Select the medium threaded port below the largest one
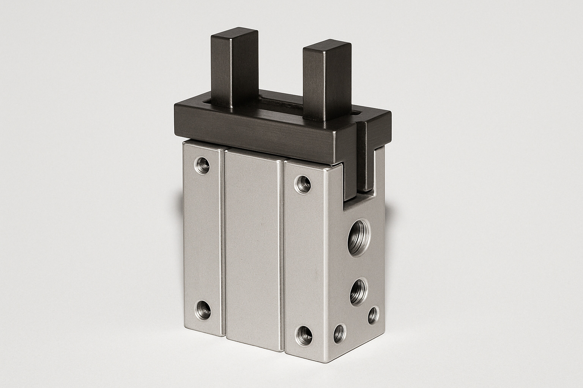point(358,289)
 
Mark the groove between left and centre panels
point(223,242)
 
